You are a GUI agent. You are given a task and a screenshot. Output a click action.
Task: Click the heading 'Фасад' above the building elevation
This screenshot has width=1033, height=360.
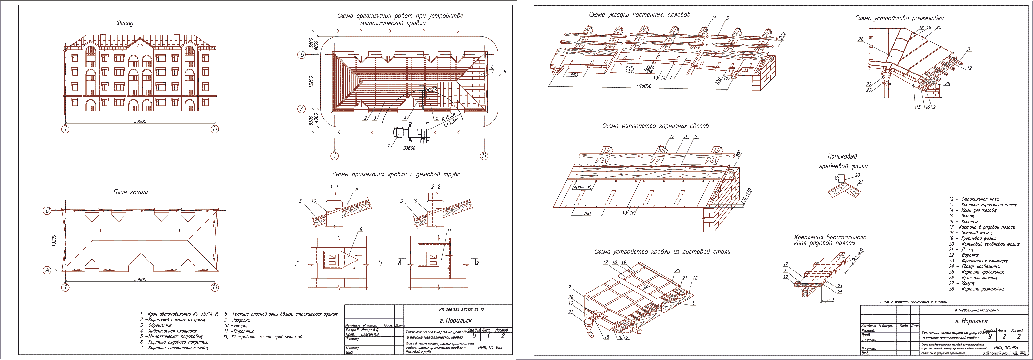pos(125,23)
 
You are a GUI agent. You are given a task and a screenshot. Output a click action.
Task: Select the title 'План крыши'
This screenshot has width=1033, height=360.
pos(131,192)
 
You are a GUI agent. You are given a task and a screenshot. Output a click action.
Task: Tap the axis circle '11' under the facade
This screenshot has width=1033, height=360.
pos(215,129)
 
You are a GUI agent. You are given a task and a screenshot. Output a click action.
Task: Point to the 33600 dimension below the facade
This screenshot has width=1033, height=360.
pos(140,121)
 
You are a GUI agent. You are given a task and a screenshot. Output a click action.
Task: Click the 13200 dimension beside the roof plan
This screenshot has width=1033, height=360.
pos(54,240)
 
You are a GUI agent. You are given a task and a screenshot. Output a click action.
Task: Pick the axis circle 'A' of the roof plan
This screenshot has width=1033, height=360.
pos(47,270)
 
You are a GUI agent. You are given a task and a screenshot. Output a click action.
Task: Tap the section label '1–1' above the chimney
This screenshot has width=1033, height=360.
pos(334,187)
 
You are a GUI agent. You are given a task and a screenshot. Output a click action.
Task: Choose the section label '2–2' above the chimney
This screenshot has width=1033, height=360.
pos(436,187)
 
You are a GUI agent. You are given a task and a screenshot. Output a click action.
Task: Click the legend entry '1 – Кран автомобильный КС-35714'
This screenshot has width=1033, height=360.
pos(179,314)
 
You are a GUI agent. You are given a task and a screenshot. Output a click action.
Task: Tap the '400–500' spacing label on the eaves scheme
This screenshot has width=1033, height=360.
pos(582,188)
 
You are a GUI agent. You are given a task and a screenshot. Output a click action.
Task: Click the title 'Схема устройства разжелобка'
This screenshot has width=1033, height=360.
pos(899,18)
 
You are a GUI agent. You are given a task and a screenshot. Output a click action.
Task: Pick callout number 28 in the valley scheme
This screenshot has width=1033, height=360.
pos(861,39)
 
